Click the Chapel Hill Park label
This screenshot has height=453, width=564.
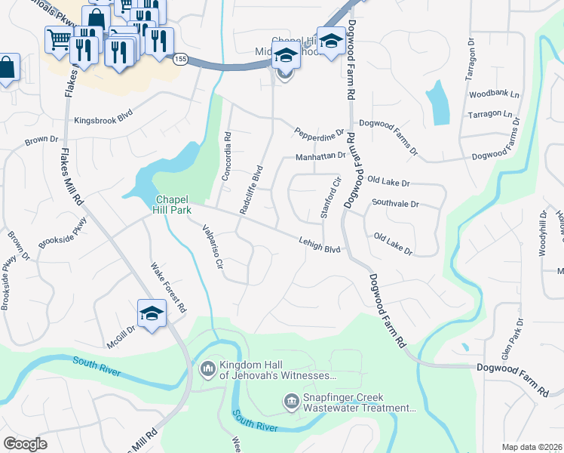coord(173,204)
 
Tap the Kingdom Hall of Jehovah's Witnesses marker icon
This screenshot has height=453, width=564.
coord(208,369)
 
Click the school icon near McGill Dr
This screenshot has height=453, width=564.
coord(151,313)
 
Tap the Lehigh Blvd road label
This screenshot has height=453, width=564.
coord(320,243)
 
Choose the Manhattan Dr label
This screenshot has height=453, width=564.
coord(320,156)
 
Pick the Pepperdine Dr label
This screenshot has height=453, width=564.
coord(319,131)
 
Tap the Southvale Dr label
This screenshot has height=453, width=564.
coord(394,204)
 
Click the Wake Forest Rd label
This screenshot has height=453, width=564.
coord(168,288)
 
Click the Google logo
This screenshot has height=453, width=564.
coord(26,444)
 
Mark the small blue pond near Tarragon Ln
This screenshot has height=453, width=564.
coord(437,103)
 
